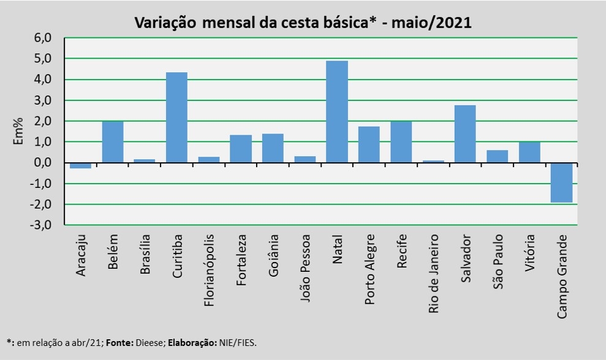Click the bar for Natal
tap(336, 111)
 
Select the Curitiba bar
tap(176, 118)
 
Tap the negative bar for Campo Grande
tap(561, 182)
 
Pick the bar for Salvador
tap(465, 134)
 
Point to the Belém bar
tap(113, 142)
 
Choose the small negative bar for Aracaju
tap(80, 165)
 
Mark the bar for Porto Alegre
tap(369, 144)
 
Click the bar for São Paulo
tap(497, 156)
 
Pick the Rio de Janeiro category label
tap(433, 273)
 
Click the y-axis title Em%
tap(19, 131)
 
